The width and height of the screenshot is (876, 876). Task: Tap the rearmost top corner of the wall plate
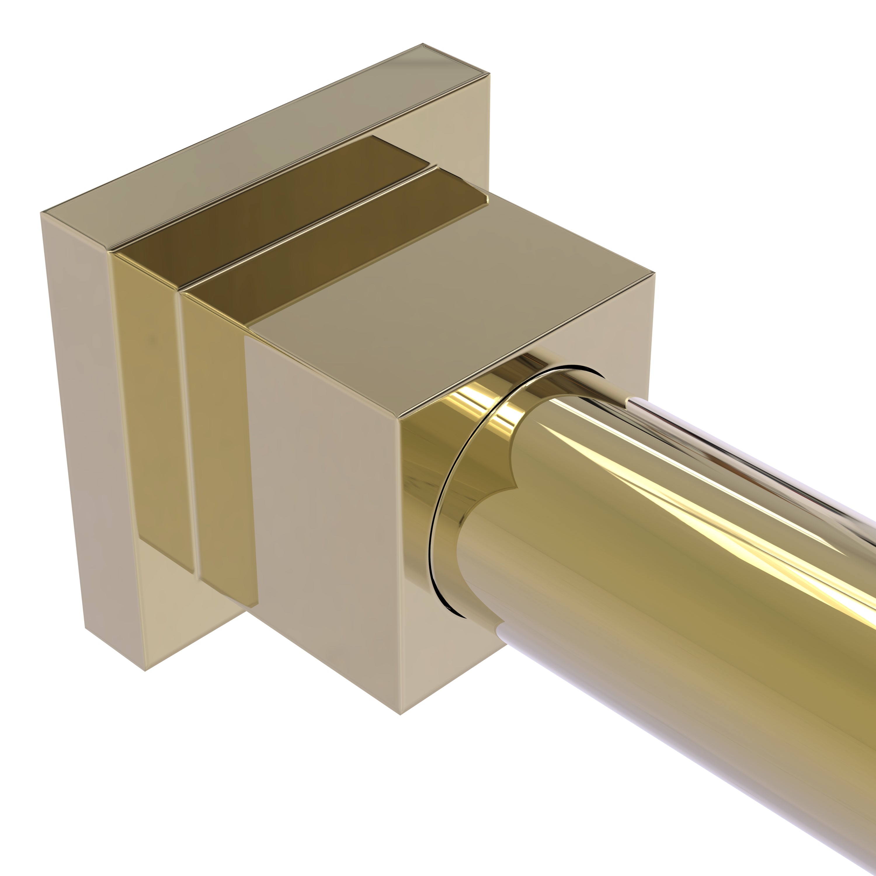423,44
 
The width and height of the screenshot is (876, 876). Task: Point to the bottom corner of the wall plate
145,671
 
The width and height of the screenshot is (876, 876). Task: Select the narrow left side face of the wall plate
91,431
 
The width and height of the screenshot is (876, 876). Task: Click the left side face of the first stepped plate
154,408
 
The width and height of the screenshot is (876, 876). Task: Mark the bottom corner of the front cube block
400,715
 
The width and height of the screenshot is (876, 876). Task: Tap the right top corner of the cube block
654,273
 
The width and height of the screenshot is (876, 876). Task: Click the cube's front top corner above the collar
398,418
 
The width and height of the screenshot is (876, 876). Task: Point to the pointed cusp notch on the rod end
516,487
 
